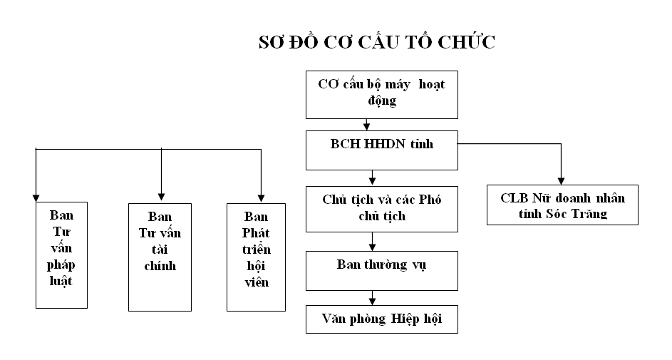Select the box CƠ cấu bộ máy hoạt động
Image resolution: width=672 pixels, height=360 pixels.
click(x=381, y=94)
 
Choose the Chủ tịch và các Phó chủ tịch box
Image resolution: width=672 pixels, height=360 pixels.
click(x=381, y=209)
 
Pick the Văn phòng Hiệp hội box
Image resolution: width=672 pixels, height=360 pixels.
click(x=381, y=319)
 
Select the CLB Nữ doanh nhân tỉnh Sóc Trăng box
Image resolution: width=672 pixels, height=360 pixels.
click(x=562, y=205)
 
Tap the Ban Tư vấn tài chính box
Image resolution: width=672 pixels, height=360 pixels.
click(x=160, y=257)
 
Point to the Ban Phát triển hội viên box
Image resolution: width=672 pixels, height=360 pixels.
click(x=256, y=257)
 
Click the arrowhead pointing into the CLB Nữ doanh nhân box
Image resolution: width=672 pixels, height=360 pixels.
click(x=561, y=180)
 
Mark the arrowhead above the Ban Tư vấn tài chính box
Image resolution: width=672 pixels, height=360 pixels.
click(x=161, y=194)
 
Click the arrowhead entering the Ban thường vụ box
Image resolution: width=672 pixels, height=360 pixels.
click(x=371, y=246)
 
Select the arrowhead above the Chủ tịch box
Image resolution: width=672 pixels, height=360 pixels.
click(x=372, y=181)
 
